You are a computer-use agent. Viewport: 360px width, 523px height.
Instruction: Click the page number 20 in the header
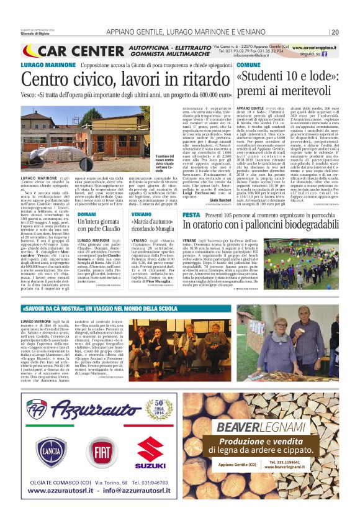coord(335,32)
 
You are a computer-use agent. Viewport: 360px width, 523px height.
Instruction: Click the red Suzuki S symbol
coord(150,449)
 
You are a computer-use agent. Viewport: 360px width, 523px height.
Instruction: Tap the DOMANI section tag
coord(87,214)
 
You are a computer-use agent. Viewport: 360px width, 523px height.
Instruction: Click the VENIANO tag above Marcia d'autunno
coord(142,214)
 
